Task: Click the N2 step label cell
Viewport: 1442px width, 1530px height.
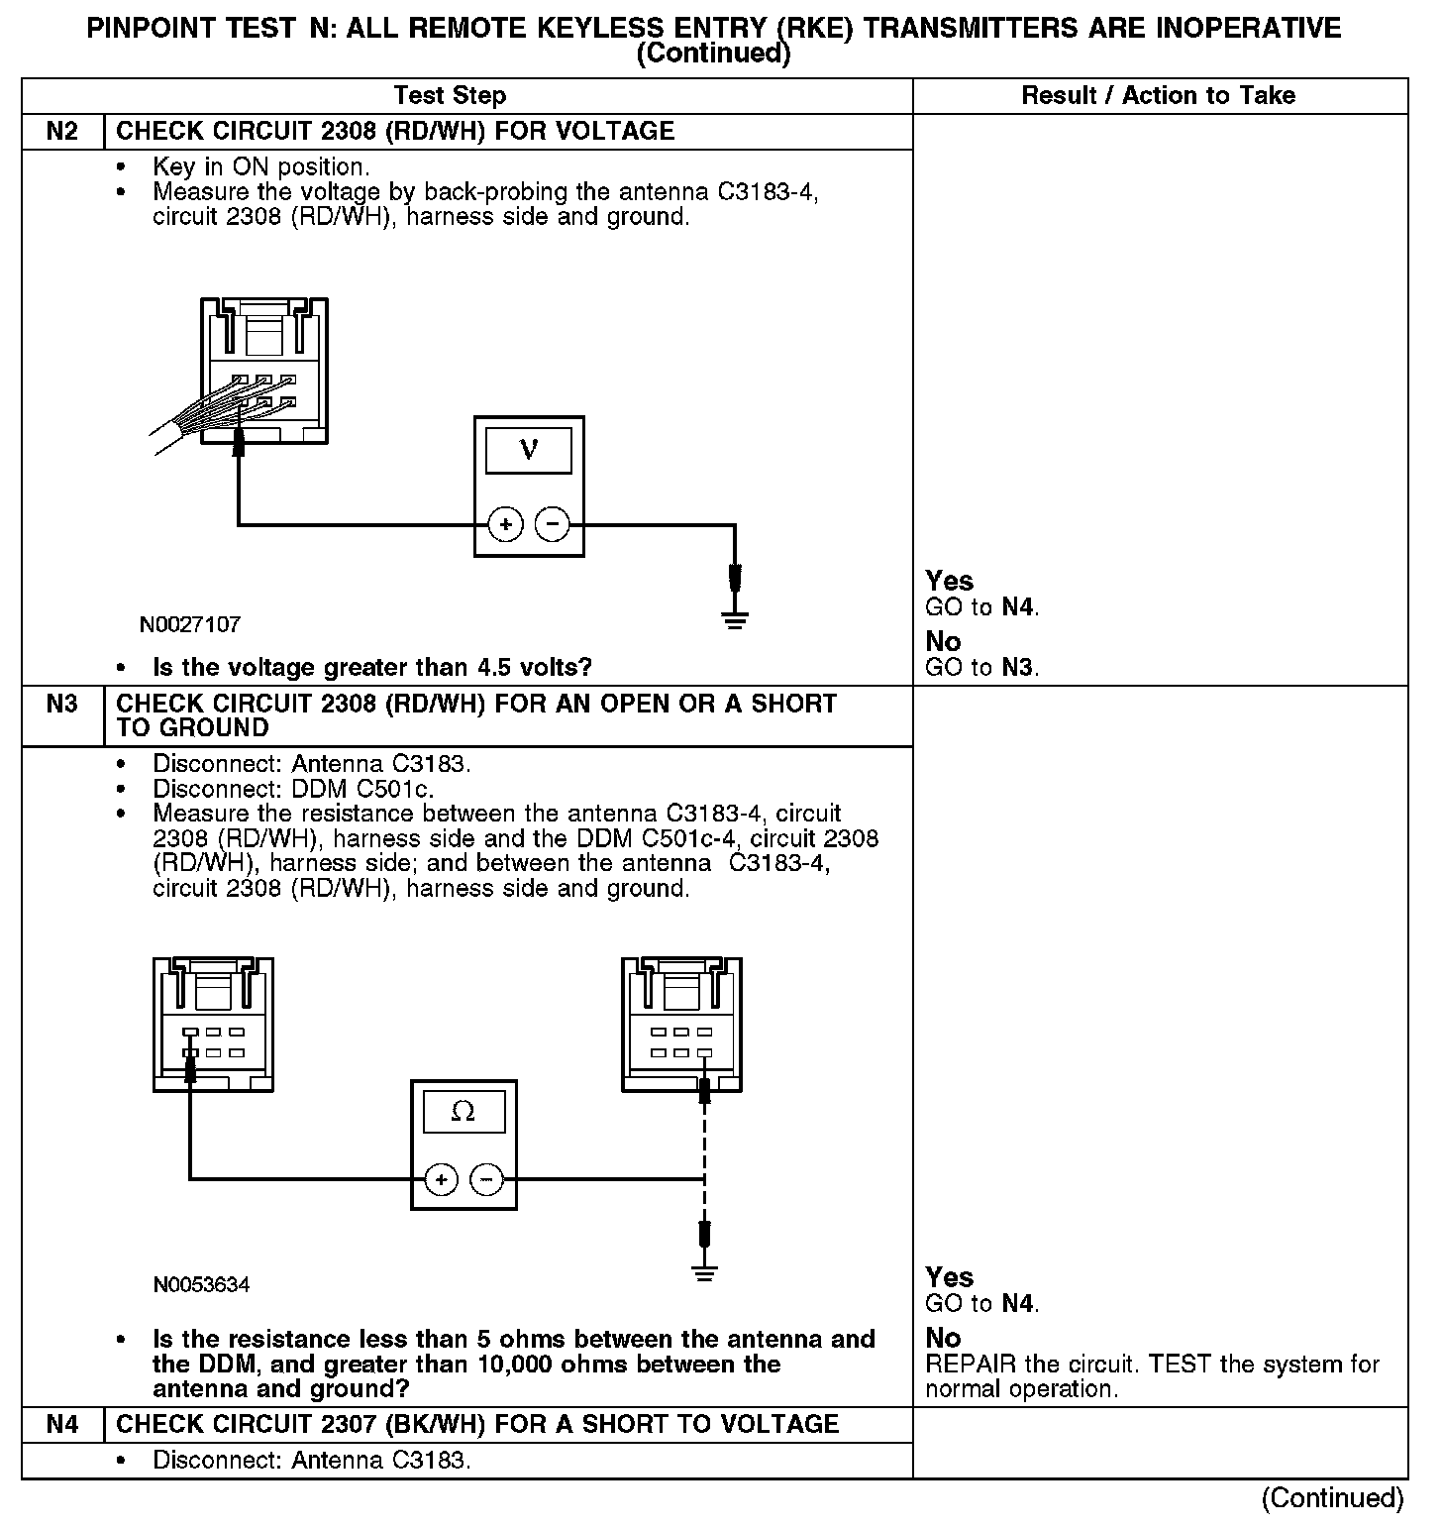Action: click(x=62, y=132)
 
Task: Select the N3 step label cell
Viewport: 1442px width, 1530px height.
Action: click(x=62, y=705)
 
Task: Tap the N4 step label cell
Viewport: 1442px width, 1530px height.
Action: click(x=62, y=1424)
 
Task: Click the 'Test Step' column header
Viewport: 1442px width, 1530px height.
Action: click(x=450, y=96)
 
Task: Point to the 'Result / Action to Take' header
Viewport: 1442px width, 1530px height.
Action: click(x=1158, y=96)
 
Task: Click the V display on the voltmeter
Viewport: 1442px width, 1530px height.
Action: click(x=529, y=451)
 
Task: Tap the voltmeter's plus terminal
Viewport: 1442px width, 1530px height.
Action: click(x=505, y=524)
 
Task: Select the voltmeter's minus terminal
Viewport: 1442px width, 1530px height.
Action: click(x=553, y=524)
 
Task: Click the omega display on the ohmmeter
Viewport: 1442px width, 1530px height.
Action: click(x=463, y=1112)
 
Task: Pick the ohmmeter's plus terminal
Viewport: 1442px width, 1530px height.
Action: click(x=441, y=1179)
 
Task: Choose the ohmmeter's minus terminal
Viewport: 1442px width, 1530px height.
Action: click(x=486, y=1179)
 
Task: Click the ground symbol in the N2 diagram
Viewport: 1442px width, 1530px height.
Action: click(x=734, y=621)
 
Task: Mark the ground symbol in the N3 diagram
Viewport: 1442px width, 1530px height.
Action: click(x=704, y=1274)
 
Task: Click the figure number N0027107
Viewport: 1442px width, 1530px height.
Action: click(x=190, y=625)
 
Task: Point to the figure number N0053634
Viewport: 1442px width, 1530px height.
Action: click(x=201, y=1285)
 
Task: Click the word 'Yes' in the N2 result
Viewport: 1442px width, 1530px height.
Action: click(x=949, y=581)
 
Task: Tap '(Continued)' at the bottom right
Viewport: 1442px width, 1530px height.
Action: click(x=1332, y=1498)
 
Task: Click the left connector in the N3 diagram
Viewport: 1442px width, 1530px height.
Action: click(x=214, y=1025)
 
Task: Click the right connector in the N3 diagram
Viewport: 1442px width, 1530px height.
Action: click(x=681, y=1025)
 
